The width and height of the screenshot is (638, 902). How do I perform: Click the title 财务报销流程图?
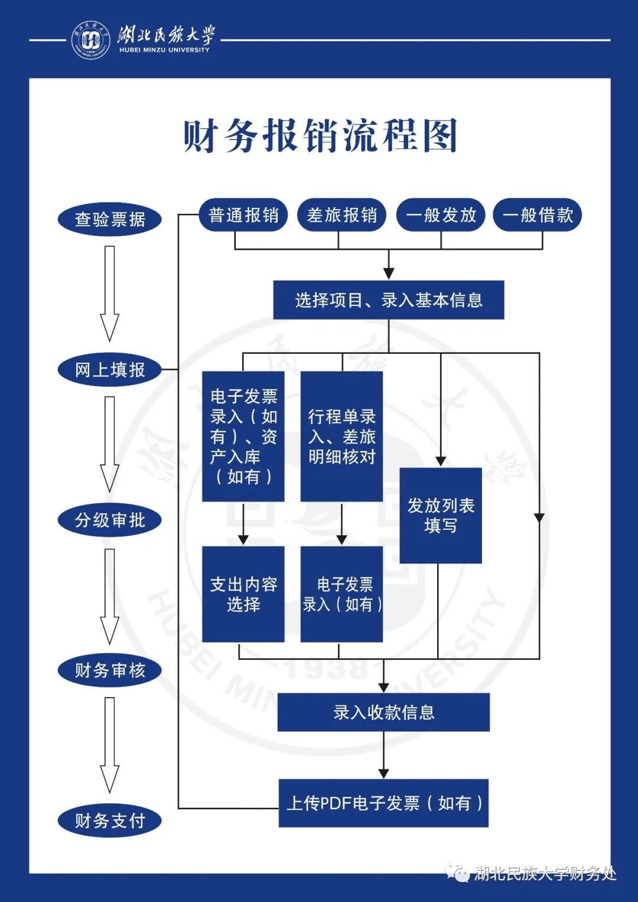pos(320,136)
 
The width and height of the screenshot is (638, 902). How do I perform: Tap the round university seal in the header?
pos(90,40)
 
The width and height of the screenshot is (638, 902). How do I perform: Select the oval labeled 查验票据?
pos(110,219)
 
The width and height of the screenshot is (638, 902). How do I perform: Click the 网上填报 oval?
pos(110,370)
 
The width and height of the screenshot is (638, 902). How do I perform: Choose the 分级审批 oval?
pos(110,520)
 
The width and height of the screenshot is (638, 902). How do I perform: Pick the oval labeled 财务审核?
pos(110,670)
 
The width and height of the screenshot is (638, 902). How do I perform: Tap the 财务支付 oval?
pos(110,820)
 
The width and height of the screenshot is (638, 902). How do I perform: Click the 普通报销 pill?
pos(243,215)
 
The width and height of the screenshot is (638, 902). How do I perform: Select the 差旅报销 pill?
pos(341,215)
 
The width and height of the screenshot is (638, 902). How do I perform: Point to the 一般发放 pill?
pos(441,215)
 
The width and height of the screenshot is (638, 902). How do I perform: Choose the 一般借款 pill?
pos(538,215)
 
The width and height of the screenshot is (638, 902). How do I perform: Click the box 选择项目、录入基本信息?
pos(388,300)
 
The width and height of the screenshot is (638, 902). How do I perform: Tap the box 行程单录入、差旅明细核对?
pos(341,437)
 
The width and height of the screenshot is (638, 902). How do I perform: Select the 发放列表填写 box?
pos(441,515)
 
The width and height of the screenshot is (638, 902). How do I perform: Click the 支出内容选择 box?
pos(243,594)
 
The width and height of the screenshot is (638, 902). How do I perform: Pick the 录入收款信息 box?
pos(383,712)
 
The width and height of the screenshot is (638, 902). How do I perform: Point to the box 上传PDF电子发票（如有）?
pos(383,803)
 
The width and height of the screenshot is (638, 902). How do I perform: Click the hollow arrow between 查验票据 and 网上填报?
pos(109,294)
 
